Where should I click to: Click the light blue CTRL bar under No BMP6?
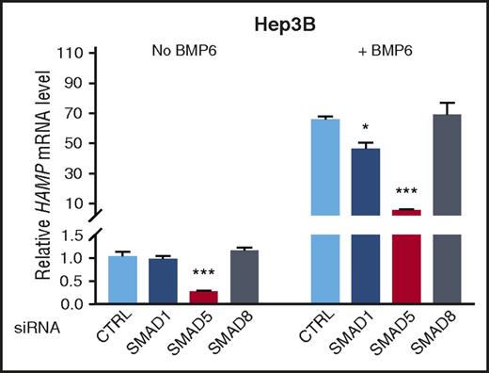coord(118,280)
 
